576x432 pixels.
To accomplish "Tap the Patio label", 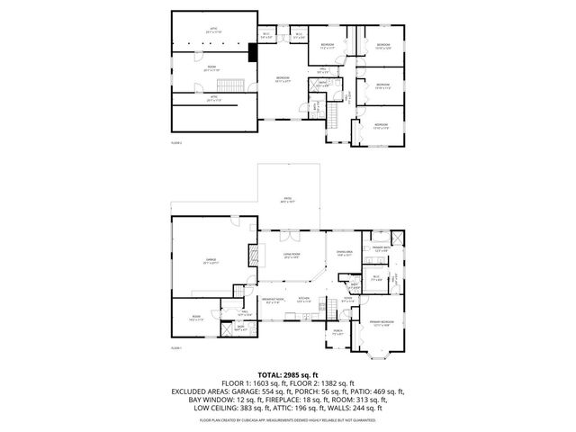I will [x=285, y=202].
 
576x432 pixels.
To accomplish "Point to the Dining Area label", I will [x=345, y=253].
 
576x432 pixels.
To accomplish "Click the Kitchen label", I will [x=304, y=299].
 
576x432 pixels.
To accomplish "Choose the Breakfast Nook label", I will [x=273, y=299].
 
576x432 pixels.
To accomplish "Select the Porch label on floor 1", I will [x=337, y=331].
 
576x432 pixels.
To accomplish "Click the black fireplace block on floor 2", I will [x=255, y=53].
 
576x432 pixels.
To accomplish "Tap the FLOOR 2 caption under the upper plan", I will [x=177, y=143].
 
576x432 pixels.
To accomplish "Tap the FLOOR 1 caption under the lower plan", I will [x=177, y=348].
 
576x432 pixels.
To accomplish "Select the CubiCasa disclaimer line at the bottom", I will [x=287, y=420].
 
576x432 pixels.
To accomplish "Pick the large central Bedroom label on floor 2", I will [x=283, y=80].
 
